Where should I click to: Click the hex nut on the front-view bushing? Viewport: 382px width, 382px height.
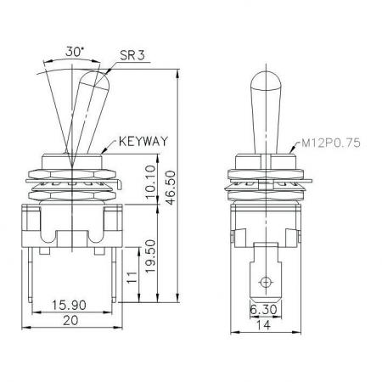click(73, 173)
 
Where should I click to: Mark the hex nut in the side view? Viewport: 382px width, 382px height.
click(267, 173)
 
